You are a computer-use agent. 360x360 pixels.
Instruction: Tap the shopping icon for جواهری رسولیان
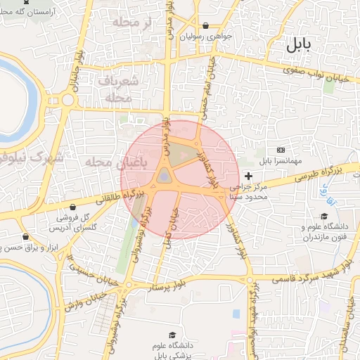[x=205, y=25]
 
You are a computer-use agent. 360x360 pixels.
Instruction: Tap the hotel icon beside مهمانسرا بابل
[x=281, y=150]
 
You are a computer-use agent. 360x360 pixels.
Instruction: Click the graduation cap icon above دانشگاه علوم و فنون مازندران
[x=324, y=217]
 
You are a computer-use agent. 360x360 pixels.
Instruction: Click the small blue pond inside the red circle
[x=164, y=176]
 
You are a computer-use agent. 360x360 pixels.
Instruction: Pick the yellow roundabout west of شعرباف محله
[x=68, y=99]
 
